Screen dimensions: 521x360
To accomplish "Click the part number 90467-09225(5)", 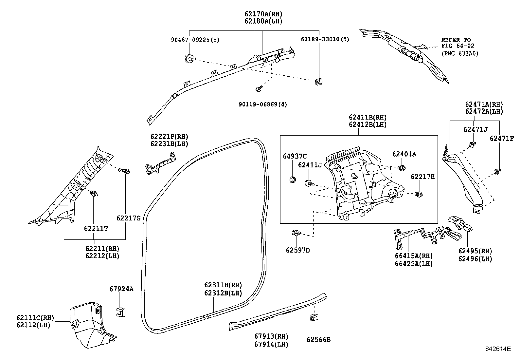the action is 195,40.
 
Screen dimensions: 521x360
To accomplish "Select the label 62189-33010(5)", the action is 325,39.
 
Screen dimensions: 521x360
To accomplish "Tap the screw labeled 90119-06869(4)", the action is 259,89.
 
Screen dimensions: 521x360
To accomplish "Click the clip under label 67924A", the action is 121,312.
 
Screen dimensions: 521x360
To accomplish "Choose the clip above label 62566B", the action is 314,317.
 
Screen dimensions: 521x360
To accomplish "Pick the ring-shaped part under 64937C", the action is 293,180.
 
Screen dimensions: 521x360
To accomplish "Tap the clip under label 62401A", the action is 402,167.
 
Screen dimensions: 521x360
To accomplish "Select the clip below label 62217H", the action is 419,194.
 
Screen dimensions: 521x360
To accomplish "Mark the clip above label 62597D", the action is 296,233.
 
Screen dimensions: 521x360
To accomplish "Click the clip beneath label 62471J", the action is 472,144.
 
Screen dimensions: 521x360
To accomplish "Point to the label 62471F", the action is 502,139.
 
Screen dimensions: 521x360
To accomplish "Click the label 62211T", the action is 96,229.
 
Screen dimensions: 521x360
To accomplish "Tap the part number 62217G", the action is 129,218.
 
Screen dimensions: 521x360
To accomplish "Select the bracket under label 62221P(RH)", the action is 160,164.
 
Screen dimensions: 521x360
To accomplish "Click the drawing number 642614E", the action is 498,349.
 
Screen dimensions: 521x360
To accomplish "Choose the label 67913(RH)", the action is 271,336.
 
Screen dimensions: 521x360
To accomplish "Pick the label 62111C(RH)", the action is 35,318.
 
